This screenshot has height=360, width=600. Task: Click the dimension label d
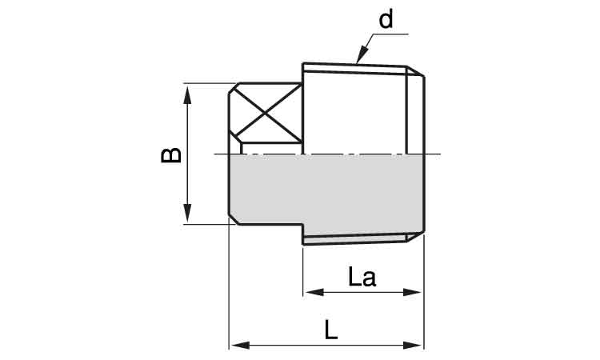(386, 19)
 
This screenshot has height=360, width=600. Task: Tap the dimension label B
(171, 155)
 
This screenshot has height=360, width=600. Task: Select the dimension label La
(362, 277)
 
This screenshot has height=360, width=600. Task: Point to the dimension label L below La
(331, 330)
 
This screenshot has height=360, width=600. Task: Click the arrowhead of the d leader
(361, 54)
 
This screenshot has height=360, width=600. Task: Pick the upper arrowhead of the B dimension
(187, 95)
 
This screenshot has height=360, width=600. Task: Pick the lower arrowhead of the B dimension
(187, 213)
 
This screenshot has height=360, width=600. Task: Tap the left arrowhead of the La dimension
(314, 293)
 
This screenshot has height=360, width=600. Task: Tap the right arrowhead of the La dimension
(412, 293)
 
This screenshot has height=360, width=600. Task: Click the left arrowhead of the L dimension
(241, 346)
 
